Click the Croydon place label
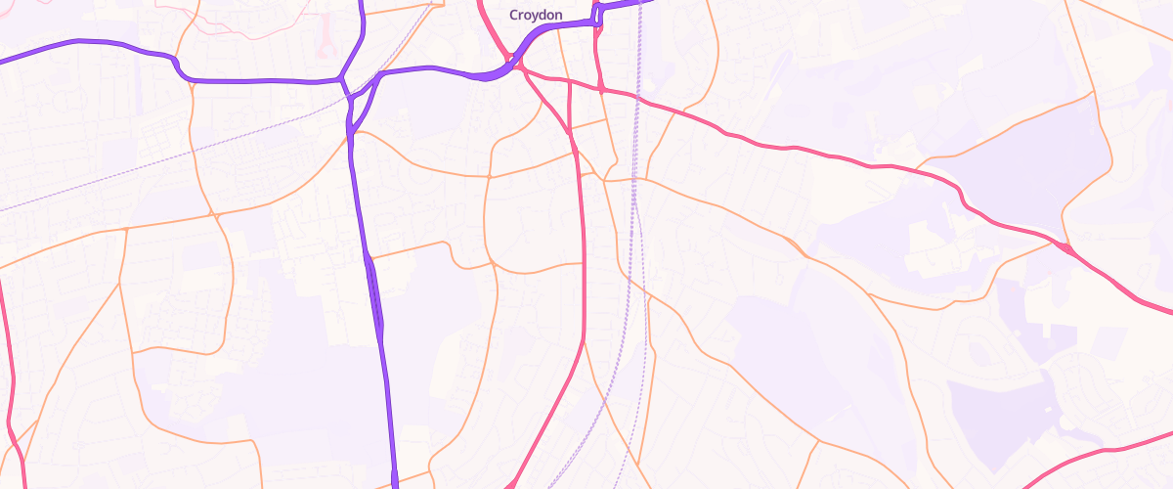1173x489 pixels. (535, 16)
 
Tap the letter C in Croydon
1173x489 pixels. (514, 16)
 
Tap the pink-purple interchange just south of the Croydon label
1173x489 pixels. (513, 67)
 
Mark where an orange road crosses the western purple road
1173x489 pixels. (351, 136)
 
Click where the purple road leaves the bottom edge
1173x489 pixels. (395, 484)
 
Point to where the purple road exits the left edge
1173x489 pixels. (4, 60)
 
